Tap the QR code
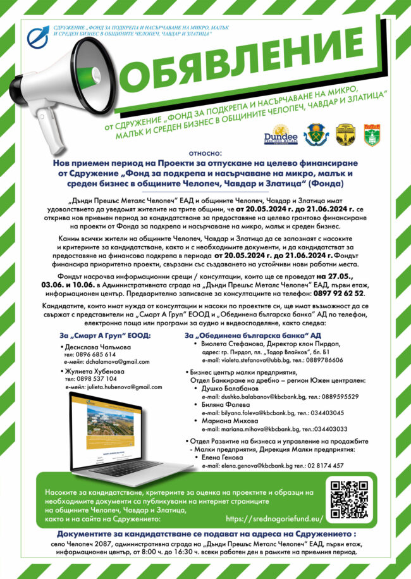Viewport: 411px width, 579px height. click(x=350, y=499)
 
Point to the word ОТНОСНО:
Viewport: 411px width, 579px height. click(x=205, y=153)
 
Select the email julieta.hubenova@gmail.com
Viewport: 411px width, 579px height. click(x=121, y=387)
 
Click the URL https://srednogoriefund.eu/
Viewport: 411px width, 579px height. click(x=274, y=518)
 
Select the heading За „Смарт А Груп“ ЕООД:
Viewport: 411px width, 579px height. click(x=105, y=335)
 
